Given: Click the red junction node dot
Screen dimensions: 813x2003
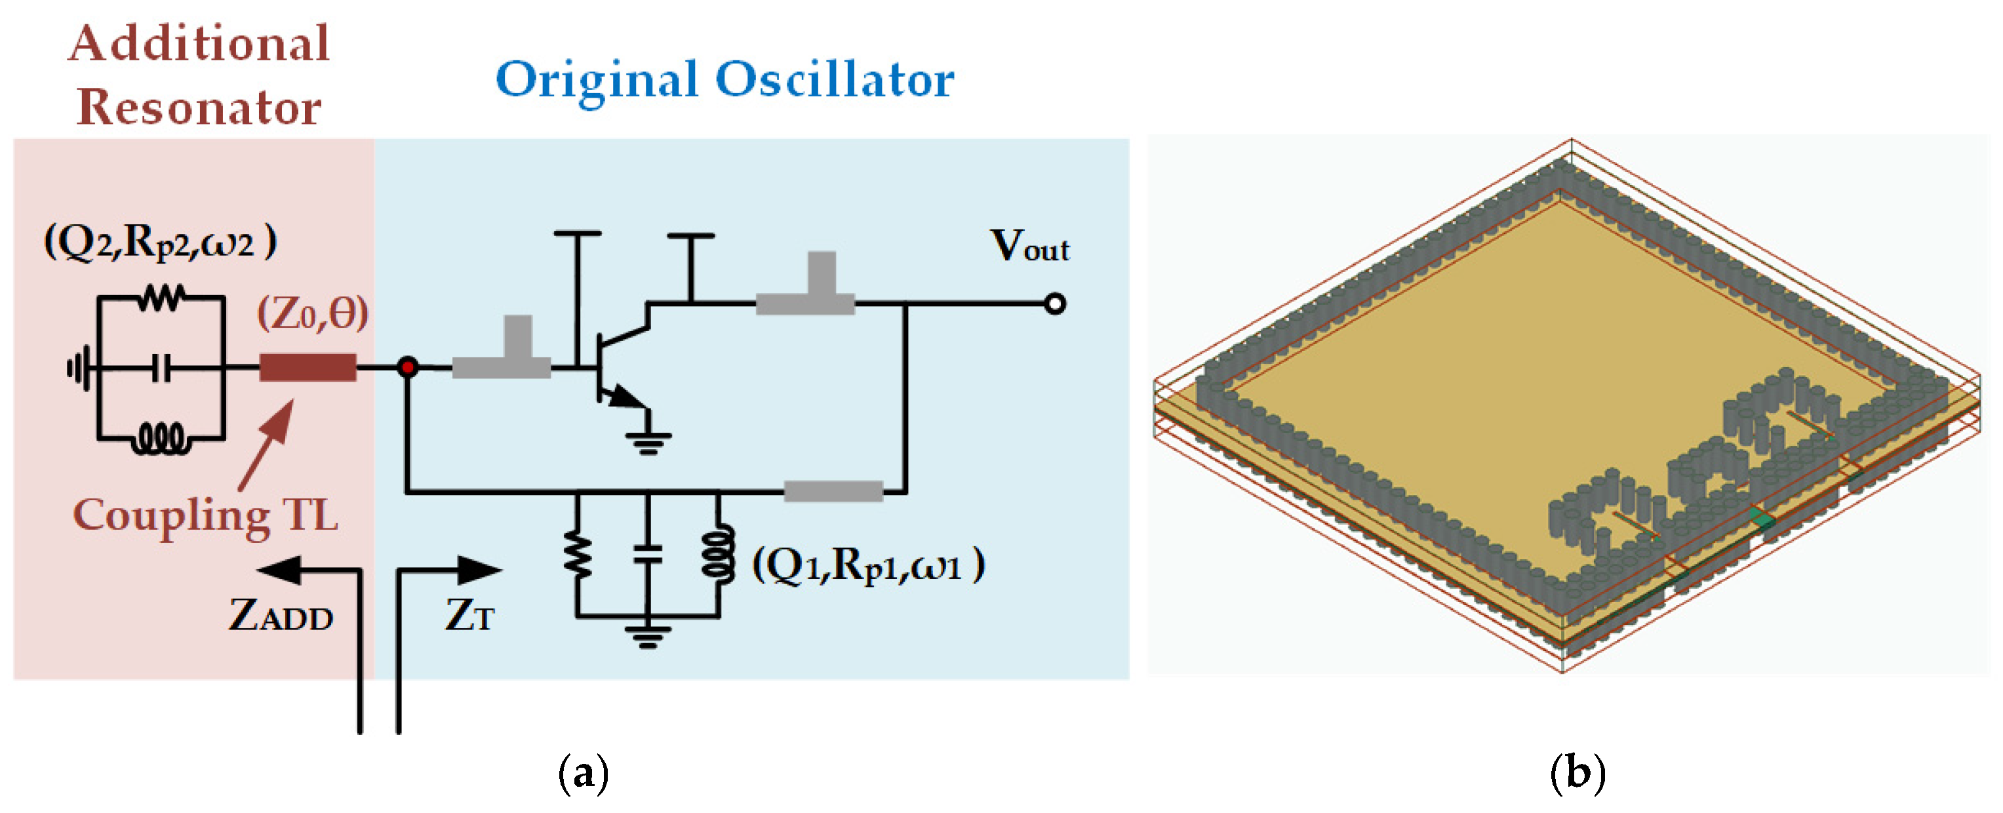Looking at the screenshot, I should point(407,367).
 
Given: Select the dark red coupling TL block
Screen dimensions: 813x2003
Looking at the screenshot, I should point(308,367).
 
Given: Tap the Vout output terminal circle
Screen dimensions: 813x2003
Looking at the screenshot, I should point(1055,303).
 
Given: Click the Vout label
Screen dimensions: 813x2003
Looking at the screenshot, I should point(1029,247).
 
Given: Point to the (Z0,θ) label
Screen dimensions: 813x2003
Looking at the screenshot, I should point(313,314).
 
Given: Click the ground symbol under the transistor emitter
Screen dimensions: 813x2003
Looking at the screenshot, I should point(648,443).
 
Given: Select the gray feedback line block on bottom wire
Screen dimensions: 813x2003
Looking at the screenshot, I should point(833,491).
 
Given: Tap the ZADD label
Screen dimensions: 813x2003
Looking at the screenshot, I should point(280,616).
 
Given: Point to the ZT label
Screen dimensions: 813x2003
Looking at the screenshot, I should point(469,616).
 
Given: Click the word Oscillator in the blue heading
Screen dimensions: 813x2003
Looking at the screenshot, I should point(835,79).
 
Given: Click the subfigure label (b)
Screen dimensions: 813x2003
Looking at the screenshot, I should point(1577,774).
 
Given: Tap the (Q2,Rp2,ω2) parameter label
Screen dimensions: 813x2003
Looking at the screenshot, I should point(160,243).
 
